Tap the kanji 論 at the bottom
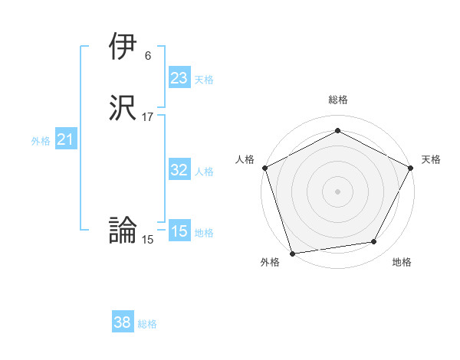pyautogui.click(x=123, y=230)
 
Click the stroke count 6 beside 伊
pyautogui.click(x=147, y=56)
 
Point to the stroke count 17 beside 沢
pyautogui.click(x=148, y=117)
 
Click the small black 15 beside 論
pyautogui.click(x=148, y=240)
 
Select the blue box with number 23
pyautogui.click(x=179, y=78)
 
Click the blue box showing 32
pyautogui.click(x=179, y=170)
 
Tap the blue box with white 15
pyautogui.click(x=179, y=231)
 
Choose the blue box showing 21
pyautogui.click(x=65, y=139)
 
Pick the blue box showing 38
pyautogui.click(x=123, y=322)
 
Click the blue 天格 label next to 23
pyautogui.click(x=204, y=80)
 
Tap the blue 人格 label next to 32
pyautogui.click(x=204, y=172)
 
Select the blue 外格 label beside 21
pyautogui.click(x=41, y=141)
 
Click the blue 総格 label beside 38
pyautogui.click(x=147, y=324)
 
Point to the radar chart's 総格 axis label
pyautogui.click(x=338, y=100)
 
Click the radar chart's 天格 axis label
pyautogui.click(x=431, y=159)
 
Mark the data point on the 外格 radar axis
pyautogui.click(x=291, y=253)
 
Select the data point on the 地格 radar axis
pyautogui.click(x=374, y=242)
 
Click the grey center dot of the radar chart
pyautogui.click(x=337, y=191)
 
